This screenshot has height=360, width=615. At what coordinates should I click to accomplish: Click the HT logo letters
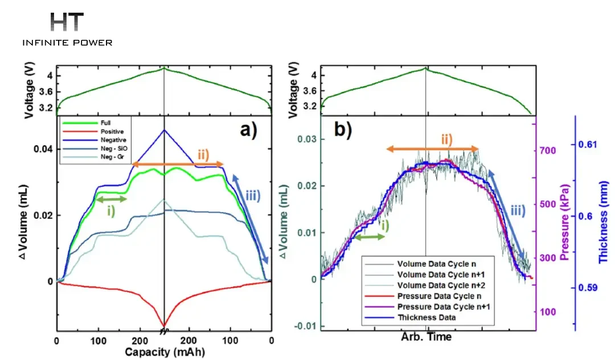pyautogui.click(x=67, y=22)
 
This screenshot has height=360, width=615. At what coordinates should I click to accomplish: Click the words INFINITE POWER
pyautogui.click(x=67, y=43)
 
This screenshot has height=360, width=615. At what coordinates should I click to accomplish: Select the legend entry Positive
pyautogui.click(x=112, y=132)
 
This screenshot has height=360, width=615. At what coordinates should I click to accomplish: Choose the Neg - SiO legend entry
pyautogui.click(x=114, y=149)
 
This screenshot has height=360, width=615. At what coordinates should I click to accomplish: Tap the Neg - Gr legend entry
pyautogui.click(x=113, y=157)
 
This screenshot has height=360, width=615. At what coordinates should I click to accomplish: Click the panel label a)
pyautogui.click(x=248, y=129)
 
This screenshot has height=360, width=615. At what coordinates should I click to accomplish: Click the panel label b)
pyautogui.click(x=343, y=129)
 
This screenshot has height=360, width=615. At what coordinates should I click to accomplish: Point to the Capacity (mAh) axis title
pyautogui.click(x=165, y=352)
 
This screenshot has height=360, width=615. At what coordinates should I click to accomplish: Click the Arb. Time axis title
pyautogui.click(x=426, y=337)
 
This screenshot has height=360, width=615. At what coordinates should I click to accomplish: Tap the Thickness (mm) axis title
pyautogui.click(x=603, y=222)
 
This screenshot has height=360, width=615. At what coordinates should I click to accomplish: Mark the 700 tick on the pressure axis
pyautogui.click(x=548, y=150)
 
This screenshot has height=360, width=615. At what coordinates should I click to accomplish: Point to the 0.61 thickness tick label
pyautogui.click(x=588, y=145)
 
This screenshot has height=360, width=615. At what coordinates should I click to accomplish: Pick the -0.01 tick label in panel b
pyautogui.click(x=306, y=326)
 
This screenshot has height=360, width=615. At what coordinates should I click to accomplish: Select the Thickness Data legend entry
pyautogui.click(x=427, y=318)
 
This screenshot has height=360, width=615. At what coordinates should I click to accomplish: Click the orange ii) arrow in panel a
pyautogui.click(x=178, y=164)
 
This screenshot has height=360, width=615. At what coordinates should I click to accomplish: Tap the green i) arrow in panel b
pyautogui.click(x=368, y=238)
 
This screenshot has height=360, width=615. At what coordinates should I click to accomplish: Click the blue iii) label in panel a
pyautogui.click(x=253, y=196)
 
